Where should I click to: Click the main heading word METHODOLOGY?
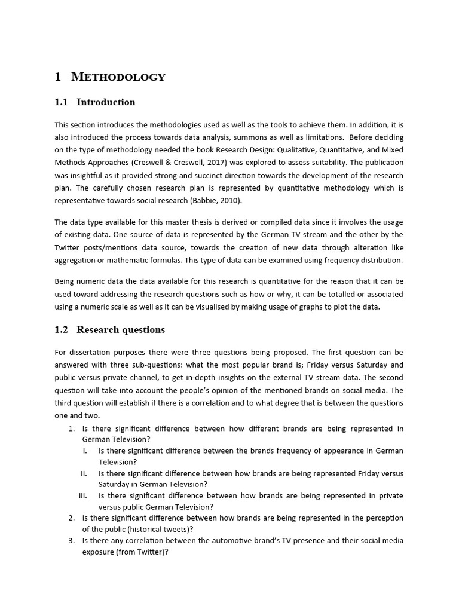tap(118, 77)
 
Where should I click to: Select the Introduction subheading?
tap(106, 102)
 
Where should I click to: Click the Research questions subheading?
tap(121, 330)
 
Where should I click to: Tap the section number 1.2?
tap(62, 330)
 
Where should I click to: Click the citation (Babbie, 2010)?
tap(224, 201)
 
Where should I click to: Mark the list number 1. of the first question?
tap(71, 429)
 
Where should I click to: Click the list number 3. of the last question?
tap(71, 540)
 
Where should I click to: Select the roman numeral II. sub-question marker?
tap(84, 473)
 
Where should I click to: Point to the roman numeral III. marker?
tap(83, 495)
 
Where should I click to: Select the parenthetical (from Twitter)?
tap(138, 552)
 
